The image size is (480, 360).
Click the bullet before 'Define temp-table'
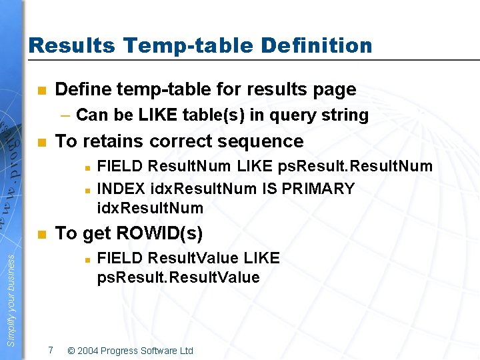41,90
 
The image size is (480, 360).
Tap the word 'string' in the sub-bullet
345,115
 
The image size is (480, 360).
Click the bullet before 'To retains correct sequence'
41,142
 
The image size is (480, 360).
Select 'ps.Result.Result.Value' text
178,277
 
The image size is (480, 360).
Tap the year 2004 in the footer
90,351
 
